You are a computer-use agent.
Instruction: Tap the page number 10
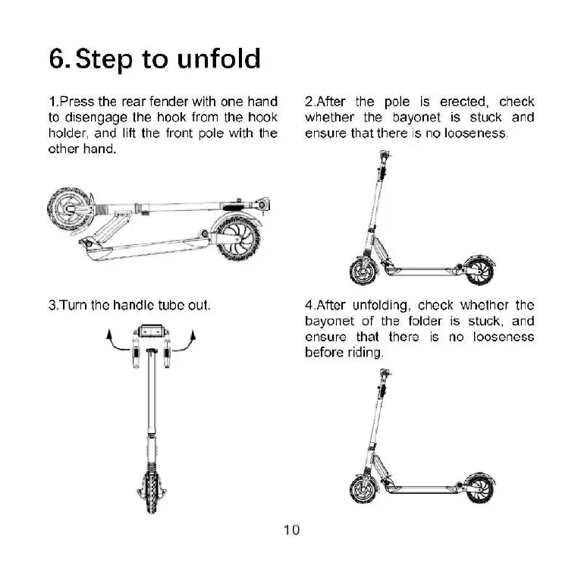click(291, 530)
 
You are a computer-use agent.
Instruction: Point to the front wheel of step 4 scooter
click(363, 489)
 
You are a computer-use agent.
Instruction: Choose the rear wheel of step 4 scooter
click(479, 489)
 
